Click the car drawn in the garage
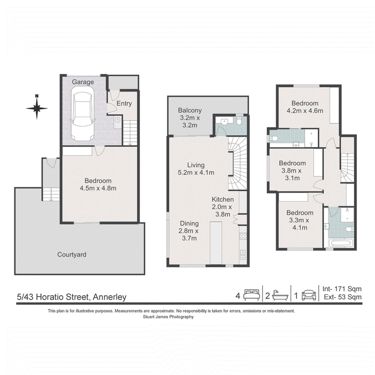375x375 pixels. click(x=82, y=113)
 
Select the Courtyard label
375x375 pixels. click(x=72, y=255)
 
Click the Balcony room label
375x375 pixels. click(x=190, y=110)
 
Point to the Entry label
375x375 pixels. click(x=124, y=103)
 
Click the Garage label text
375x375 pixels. click(x=83, y=82)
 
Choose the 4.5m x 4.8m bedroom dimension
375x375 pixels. click(x=98, y=188)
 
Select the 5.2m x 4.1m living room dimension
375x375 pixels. click(x=196, y=172)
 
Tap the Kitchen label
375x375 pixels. click(x=223, y=199)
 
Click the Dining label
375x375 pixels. click(x=189, y=224)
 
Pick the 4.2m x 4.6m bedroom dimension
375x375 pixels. click(x=305, y=111)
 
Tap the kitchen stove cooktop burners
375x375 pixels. click(x=243, y=236)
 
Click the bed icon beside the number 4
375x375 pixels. click(x=252, y=295)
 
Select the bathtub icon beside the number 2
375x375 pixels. click(x=280, y=295)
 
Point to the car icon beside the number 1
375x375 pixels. click(x=309, y=295)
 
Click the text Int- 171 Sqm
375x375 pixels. click(x=342, y=289)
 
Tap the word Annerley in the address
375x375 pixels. click(x=110, y=297)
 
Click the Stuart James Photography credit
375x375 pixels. click(x=168, y=317)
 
